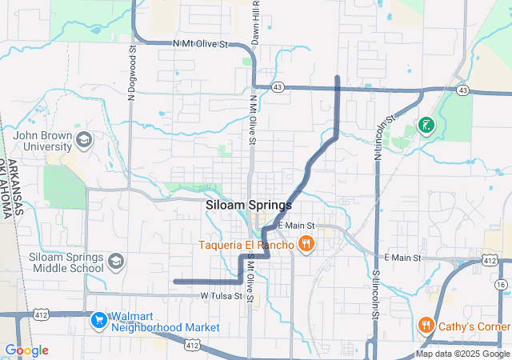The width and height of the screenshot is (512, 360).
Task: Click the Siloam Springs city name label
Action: point(248,205)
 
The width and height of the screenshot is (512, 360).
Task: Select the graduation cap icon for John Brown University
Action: point(84,142)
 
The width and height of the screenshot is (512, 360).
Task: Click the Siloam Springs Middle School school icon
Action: point(115,262)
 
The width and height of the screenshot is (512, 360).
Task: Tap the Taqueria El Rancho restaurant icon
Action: point(304,244)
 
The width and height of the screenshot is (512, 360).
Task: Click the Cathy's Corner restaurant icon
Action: point(426,326)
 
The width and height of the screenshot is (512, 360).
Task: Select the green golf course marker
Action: point(426,125)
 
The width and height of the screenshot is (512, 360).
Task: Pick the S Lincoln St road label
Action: point(374,296)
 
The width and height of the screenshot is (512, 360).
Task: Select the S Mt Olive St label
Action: point(250,278)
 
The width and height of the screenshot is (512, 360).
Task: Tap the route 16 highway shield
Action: point(501,285)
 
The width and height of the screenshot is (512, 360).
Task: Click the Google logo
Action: point(26,350)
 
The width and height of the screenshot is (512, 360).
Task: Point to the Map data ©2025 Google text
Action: point(462,354)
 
